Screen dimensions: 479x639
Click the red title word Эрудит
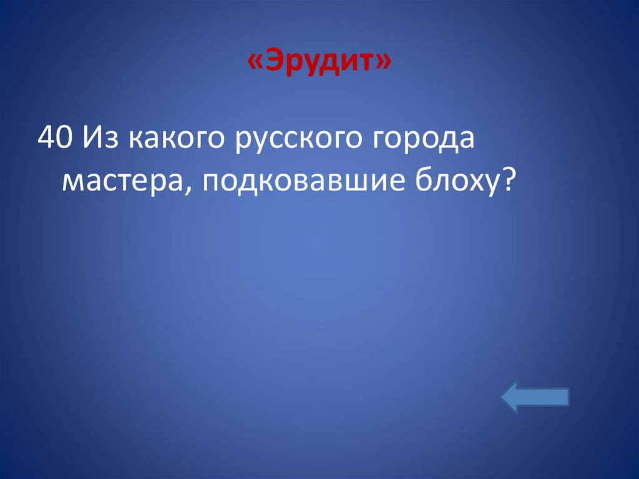(320, 63)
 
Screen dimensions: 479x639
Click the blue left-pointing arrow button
(535, 398)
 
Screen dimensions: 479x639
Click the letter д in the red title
(331, 64)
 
